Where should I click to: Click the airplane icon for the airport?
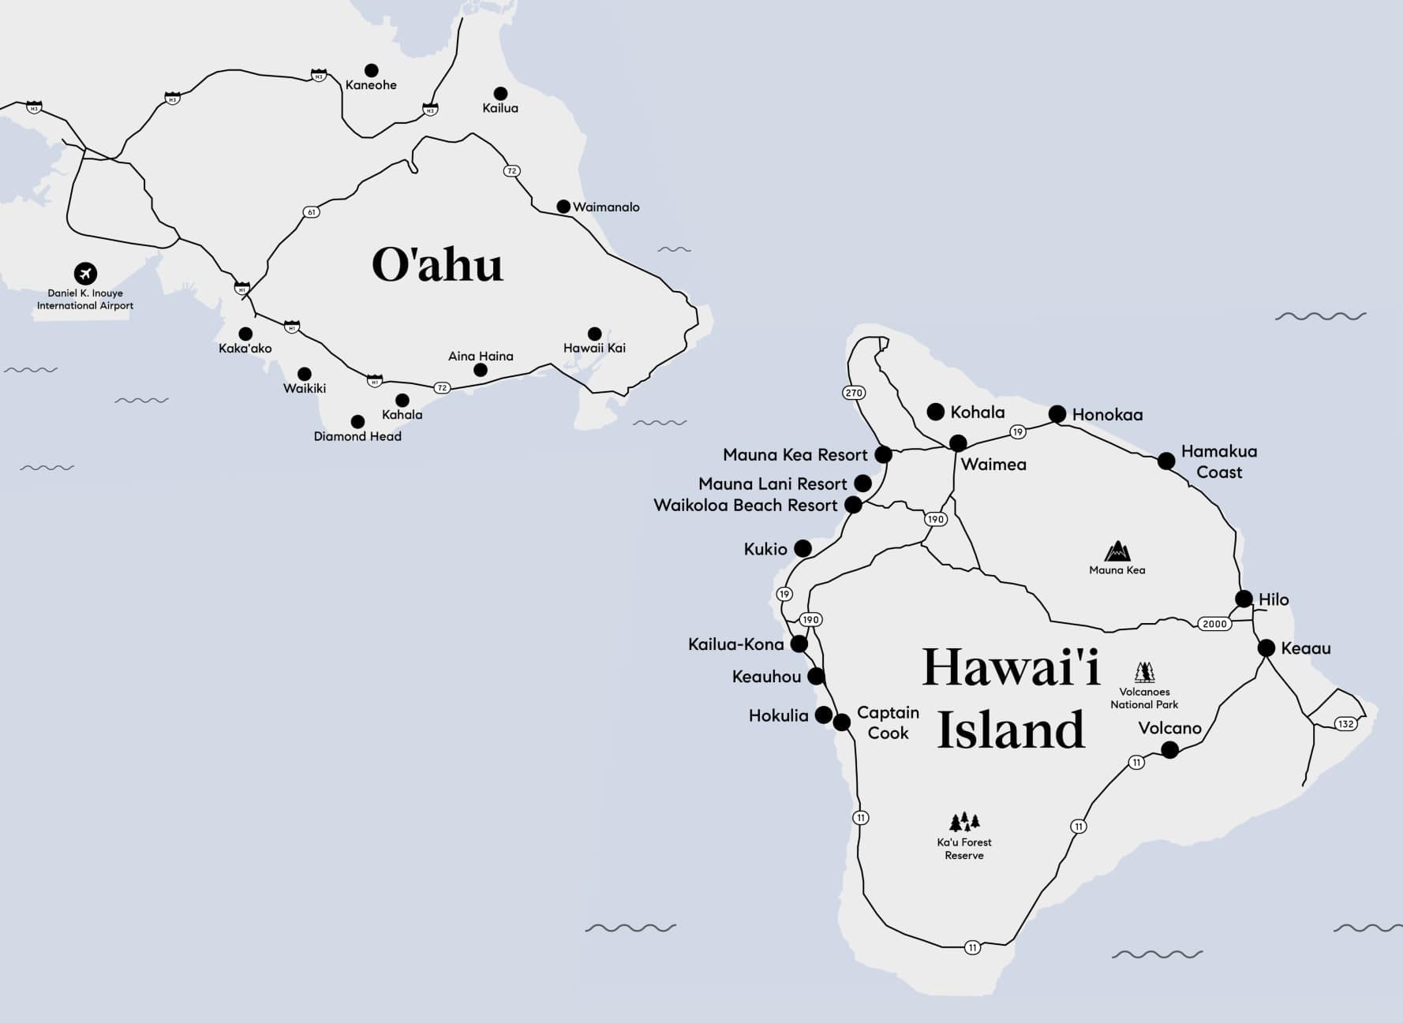[x=85, y=274]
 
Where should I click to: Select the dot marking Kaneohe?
[x=371, y=70]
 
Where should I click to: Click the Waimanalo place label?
[x=606, y=207]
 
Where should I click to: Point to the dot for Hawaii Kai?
[x=594, y=334]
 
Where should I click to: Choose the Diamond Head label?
[x=357, y=436]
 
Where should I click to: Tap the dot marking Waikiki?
[x=304, y=374]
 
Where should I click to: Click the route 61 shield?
[x=312, y=212]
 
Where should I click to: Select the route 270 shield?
[x=854, y=392]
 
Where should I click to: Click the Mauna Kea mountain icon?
[x=1117, y=551]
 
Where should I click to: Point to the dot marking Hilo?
[x=1244, y=599]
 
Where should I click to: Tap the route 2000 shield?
[x=1214, y=624]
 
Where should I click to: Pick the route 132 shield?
[x=1345, y=723]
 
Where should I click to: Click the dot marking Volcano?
[x=1170, y=749]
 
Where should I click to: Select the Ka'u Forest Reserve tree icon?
[x=963, y=822]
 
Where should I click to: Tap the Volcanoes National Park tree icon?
[x=1144, y=672]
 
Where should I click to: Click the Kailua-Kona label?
[x=735, y=644]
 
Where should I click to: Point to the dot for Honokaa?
[x=1057, y=414]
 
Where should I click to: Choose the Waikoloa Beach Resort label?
[x=745, y=506]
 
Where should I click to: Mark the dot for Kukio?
[x=803, y=548]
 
